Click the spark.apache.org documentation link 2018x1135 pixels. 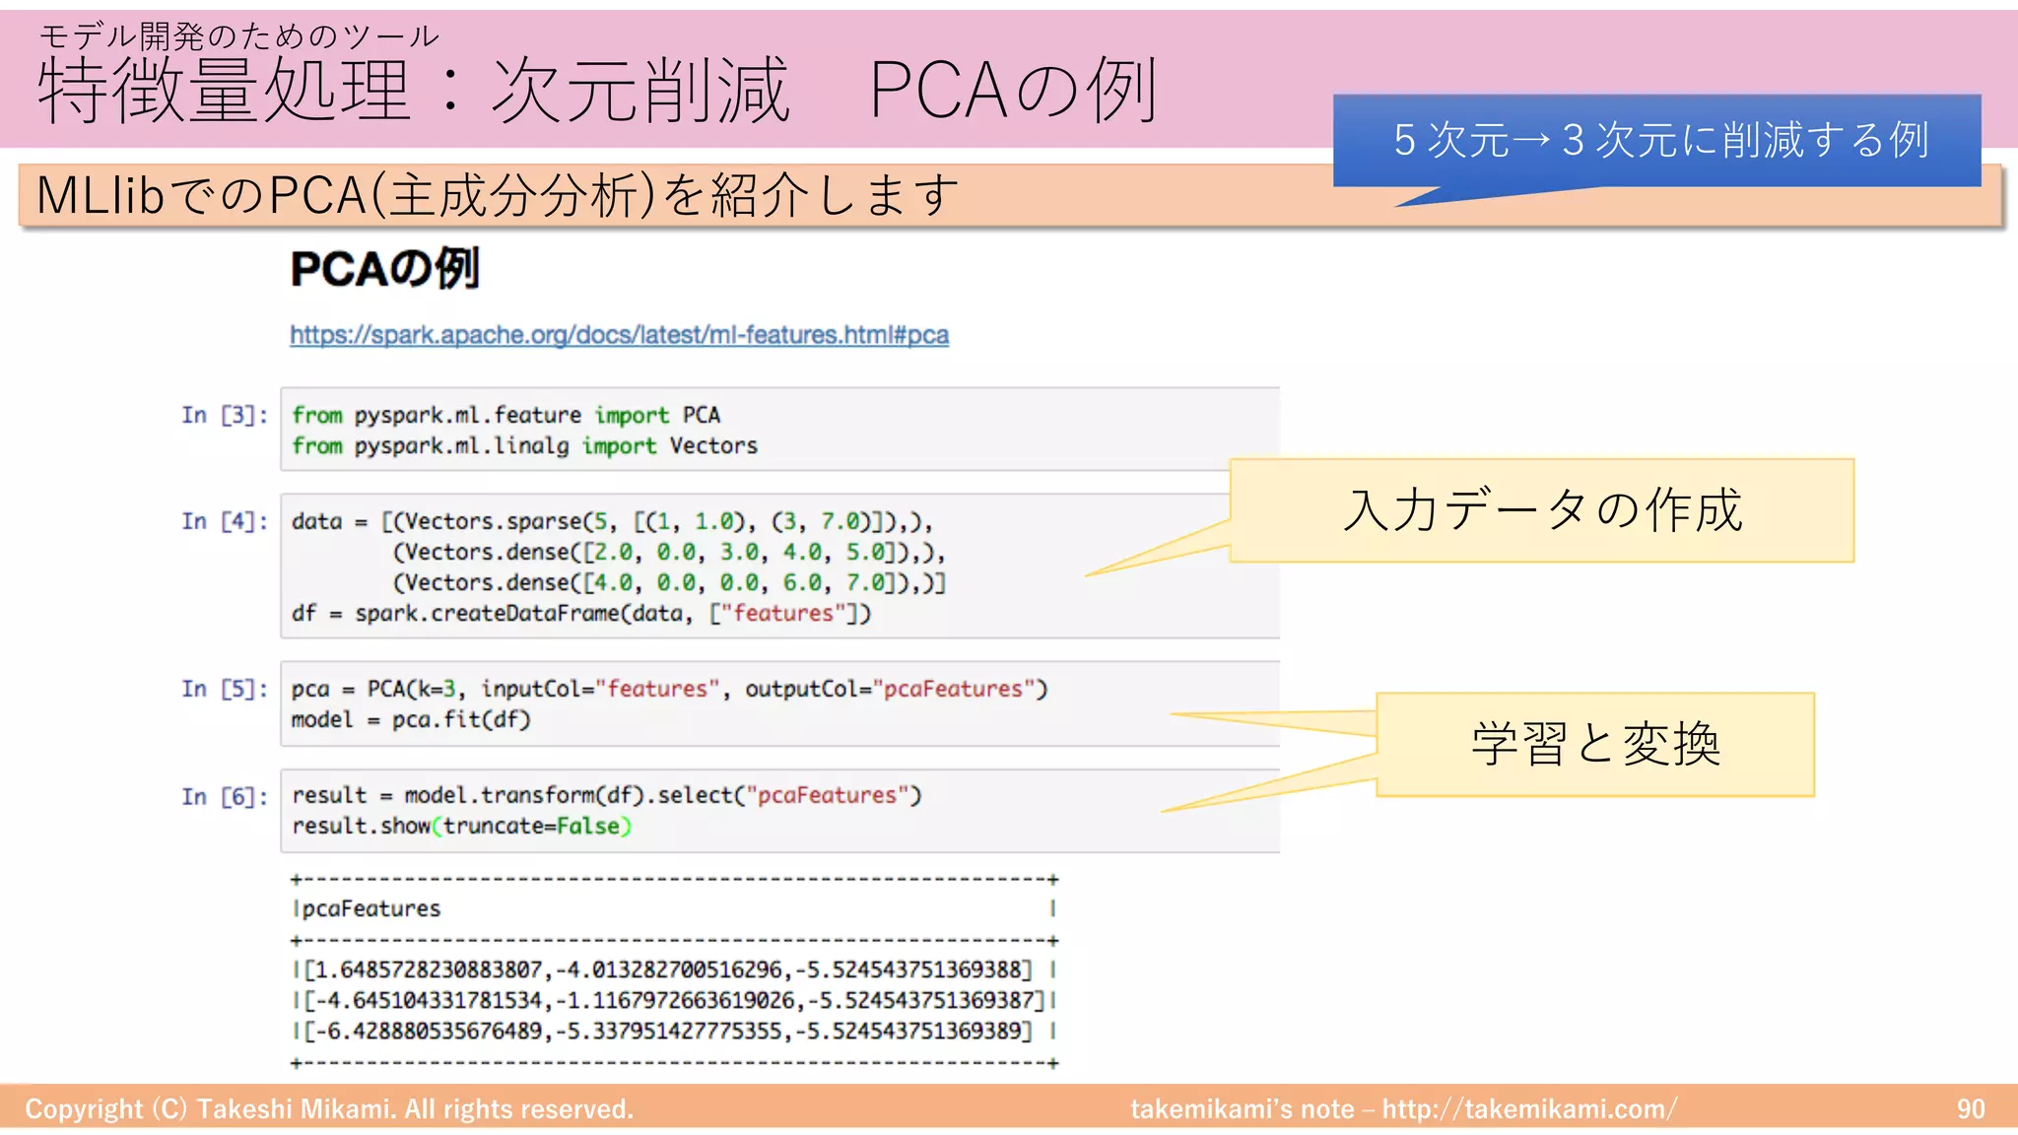(619, 335)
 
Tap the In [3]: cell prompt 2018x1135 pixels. (224, 415)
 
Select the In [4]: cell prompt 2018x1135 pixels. (224, 521)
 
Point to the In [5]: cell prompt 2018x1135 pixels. (224, 689)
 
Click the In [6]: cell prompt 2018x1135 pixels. (224, 796)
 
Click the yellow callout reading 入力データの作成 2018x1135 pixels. (1541, 510)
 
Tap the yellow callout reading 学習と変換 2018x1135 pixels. (1594, 744)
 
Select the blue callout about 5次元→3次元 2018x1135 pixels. (1657, 140)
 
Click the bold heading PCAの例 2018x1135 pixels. (384, 269)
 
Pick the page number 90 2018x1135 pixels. (1970, 1109)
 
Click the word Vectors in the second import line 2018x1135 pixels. (713, 445)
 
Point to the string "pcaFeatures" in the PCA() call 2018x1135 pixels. (953, 689)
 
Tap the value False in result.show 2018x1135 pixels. (588, 826)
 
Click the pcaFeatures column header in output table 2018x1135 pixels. (371, 908)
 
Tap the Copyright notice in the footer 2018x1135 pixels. (329, 1109)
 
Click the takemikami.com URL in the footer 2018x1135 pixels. (1528, 1109)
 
